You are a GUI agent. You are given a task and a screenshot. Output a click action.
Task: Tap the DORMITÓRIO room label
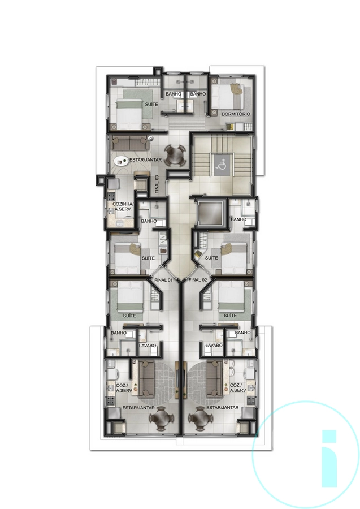point(236,114)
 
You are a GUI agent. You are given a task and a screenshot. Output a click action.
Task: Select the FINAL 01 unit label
point(163,280)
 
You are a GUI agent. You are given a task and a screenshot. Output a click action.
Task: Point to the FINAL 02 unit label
point(197,280)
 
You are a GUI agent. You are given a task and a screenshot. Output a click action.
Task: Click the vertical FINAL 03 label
point(157,185)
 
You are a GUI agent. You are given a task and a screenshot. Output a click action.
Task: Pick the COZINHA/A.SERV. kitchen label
point(122,206)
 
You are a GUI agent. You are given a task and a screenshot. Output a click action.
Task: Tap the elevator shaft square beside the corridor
point(210,213)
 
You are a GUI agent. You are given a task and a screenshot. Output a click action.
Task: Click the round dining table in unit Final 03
point(175,156)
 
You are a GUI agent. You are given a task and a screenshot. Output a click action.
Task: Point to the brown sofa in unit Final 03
point(129,143)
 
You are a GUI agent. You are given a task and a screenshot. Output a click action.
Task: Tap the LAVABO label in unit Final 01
point(148,346)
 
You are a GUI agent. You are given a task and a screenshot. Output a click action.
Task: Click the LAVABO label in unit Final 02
point(214,346)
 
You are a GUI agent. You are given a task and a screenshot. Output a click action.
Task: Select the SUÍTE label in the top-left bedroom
point(151,104)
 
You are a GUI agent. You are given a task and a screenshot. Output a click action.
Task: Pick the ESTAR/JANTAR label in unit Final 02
point(223,407)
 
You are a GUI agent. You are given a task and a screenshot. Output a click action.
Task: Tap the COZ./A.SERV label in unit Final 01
point(124,388)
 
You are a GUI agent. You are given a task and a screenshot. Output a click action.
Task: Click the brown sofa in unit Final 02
point(214,379)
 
